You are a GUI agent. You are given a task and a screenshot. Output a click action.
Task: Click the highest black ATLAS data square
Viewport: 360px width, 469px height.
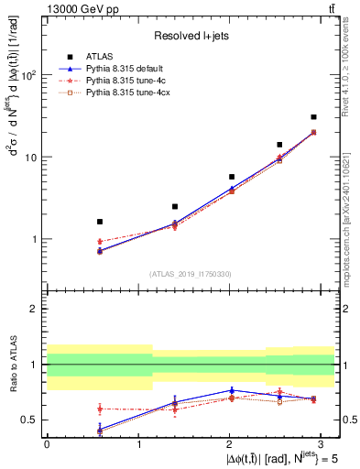point(313,117)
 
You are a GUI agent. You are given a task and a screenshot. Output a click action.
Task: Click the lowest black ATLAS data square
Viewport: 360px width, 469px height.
point(100,222)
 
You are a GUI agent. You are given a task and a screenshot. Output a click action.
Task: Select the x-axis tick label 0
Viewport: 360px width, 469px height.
point(47,443)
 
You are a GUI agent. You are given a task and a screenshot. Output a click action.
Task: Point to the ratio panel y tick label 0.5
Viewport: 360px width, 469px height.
point(30,420)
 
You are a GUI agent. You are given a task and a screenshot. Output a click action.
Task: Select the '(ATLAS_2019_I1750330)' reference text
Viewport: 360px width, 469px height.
point(191,274)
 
